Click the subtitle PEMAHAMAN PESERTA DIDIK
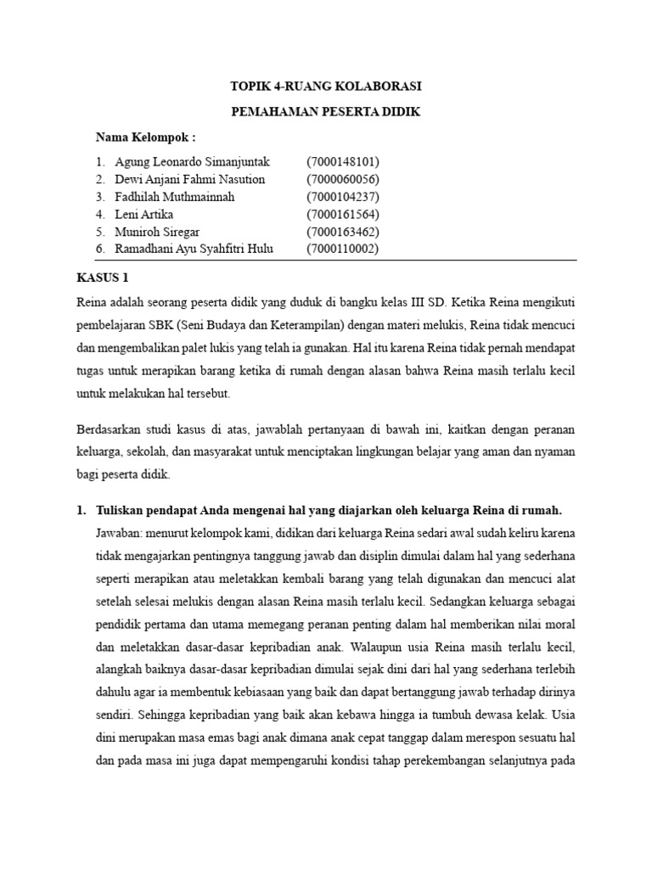coord(326,112)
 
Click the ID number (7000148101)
coord(342,161)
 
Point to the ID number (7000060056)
coord(342,179)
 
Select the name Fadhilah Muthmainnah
coord(180,196)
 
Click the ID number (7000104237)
coord(342,196)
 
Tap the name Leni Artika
coord(149,214)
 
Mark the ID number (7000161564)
coord(342,214)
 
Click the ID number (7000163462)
coord(342,232)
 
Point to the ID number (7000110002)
coord(342,249)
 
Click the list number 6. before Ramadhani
coord(100,249)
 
